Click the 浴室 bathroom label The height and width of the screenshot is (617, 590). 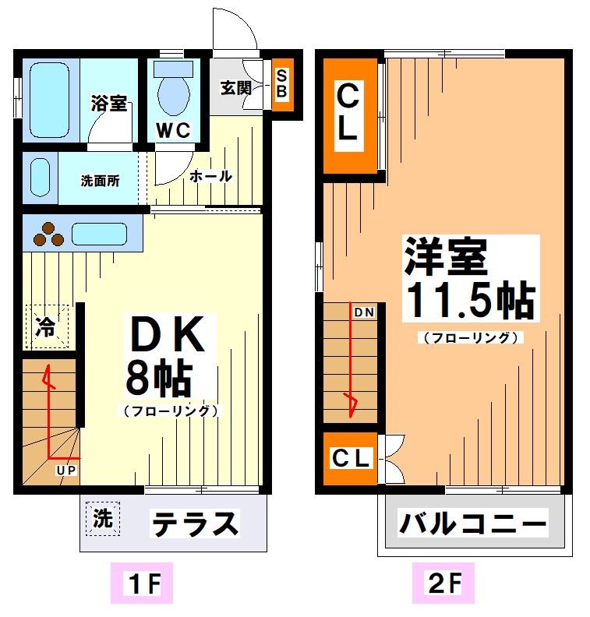108,103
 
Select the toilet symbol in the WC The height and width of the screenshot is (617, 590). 173,89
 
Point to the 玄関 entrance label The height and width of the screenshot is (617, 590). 235,87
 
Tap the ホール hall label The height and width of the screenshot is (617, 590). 210,176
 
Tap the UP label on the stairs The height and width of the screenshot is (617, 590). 65,471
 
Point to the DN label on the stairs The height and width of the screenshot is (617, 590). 364,312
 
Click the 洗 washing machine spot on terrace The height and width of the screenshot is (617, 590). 102,518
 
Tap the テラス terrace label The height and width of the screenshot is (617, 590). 194,524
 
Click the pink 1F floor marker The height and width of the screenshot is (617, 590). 140,583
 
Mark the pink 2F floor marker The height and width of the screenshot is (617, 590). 443,583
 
